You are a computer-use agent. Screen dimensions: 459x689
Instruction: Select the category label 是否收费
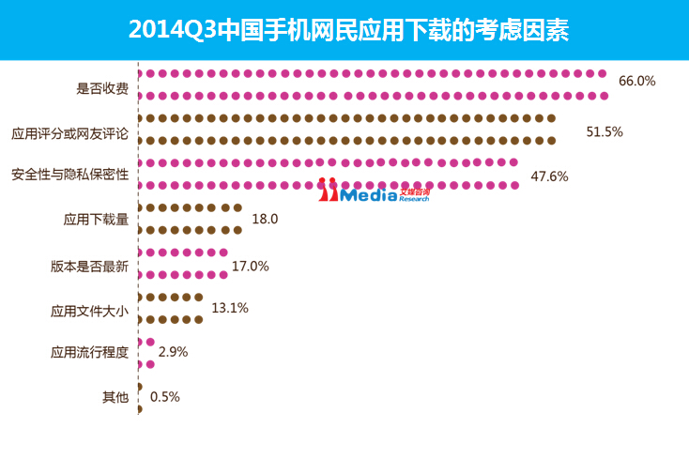tap(102, 89)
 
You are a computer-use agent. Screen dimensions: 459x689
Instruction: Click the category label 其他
tap(115, 397)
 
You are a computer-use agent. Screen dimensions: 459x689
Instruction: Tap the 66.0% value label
tap(636, 81)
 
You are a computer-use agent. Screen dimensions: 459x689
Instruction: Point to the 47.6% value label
tap(550, 176)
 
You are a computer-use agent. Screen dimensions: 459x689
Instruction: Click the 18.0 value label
tap(266, 219)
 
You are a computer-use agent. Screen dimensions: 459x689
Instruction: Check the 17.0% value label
tap(250, 267)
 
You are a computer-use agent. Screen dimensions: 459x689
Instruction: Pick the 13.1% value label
tap(230, 307)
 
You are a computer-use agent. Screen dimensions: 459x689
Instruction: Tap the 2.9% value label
tap(174, 352)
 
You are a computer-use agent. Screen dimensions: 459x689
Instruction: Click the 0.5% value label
tap(164, 396)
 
